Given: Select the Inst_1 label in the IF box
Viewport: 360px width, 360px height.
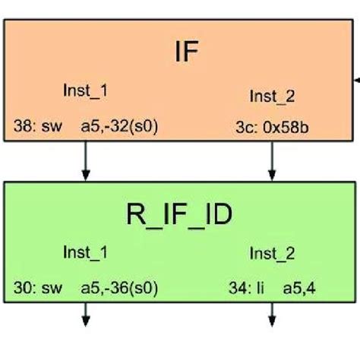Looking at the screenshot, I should point(84,90).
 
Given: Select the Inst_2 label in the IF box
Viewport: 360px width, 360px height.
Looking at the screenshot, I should point(271,96).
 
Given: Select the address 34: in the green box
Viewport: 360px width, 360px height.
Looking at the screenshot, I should point(237,289).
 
